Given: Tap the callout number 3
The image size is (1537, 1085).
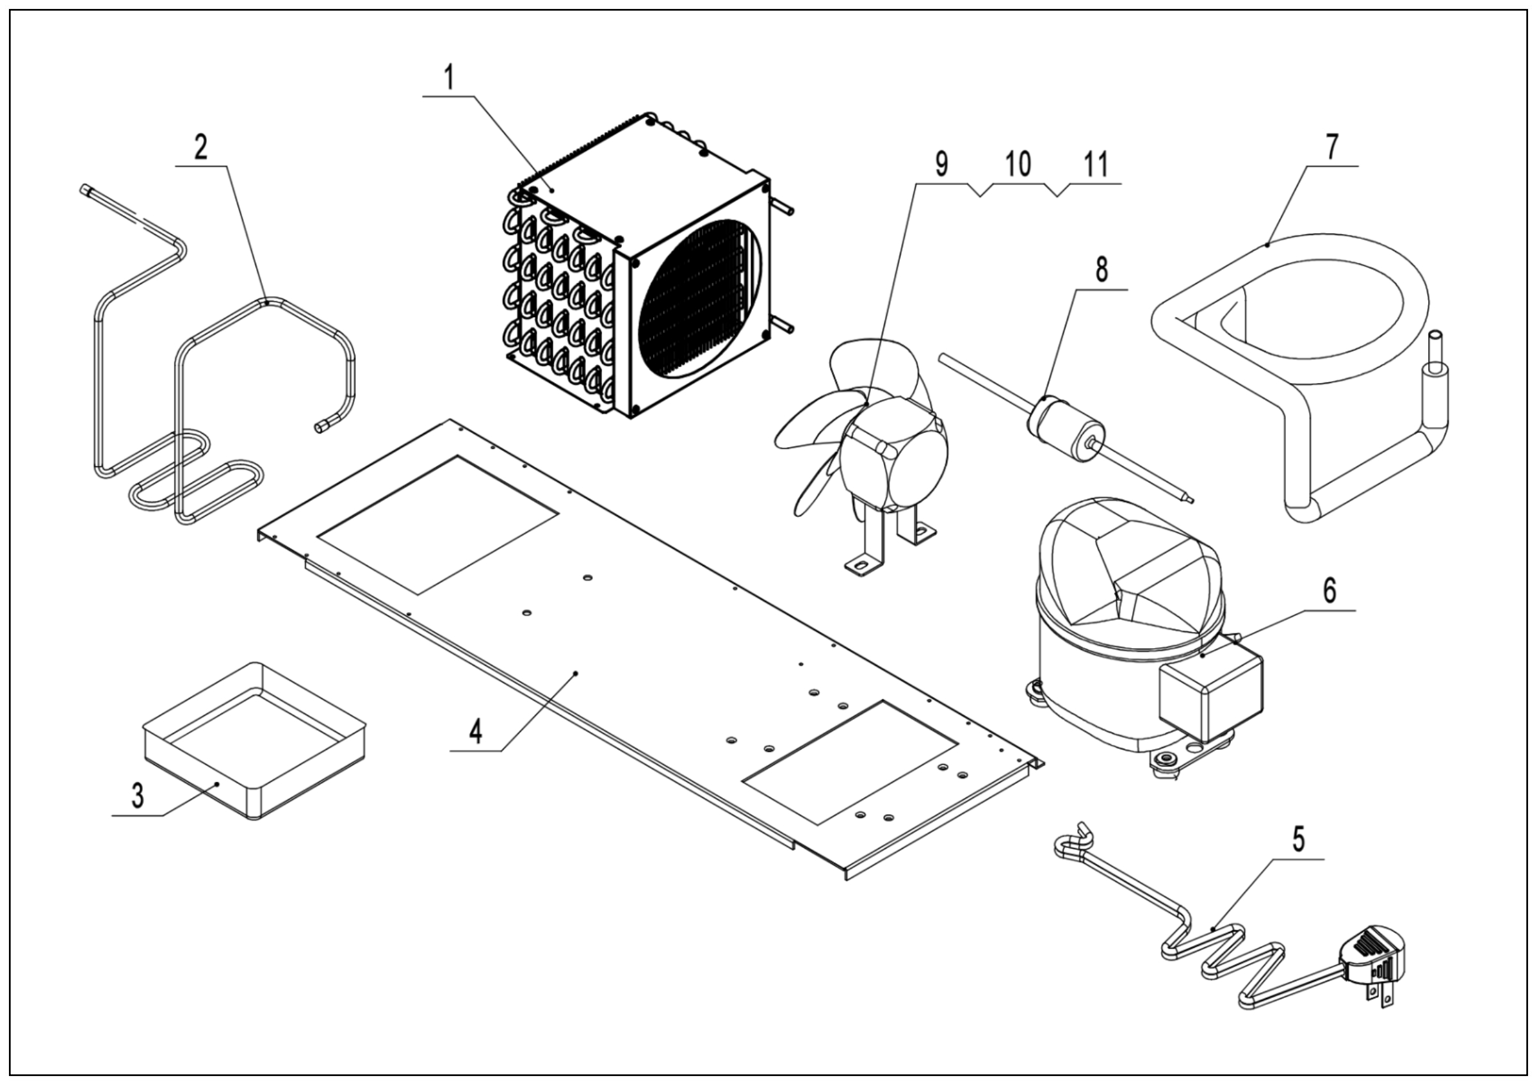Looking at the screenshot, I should click(x=137, y=797).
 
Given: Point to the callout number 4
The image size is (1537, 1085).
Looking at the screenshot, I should click(x=475, y=732).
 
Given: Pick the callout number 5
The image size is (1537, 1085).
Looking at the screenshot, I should click(x=1298, y=838).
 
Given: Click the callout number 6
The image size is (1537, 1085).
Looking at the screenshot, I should click(x=1329, y=591).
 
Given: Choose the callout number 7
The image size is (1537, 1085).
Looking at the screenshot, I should click(x=1332, y=147).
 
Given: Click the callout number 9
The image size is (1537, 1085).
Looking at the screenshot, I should click(x=941, y=165).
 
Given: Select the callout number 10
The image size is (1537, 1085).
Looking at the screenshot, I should click(x=1018, y=165).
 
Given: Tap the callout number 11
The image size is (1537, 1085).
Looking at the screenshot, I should click(x=1096, y=165).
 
